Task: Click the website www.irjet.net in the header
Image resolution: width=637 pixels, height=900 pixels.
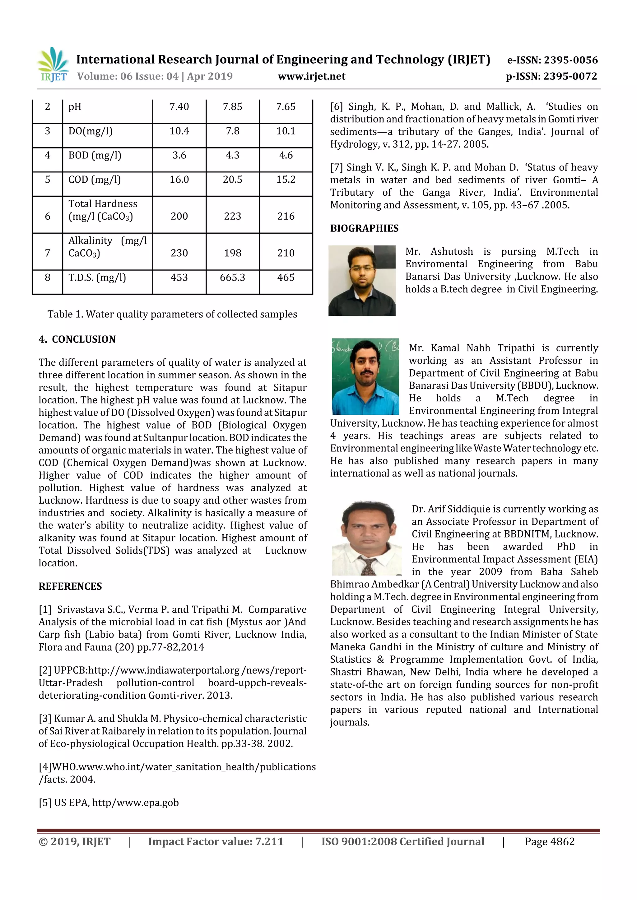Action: (x=312, y=76)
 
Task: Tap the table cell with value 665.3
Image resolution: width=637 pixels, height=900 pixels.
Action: (x=232, y=277)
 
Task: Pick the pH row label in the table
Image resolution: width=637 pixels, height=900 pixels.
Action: (x=75, y=107)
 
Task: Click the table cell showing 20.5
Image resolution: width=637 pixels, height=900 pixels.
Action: (x=232, y=180)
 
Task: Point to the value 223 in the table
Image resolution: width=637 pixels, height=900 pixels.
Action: (x=232, y=216)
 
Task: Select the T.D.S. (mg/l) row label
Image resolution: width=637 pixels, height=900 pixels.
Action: (x=97, y=277)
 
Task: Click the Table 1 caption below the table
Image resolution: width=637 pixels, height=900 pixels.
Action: (x=172, y=314)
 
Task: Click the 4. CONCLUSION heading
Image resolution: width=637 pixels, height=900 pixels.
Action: (x=77, y=340)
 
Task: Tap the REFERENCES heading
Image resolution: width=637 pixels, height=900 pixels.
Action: (x=70, y=587)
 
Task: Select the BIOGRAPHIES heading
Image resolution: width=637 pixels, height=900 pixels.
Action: (x=364, y=229)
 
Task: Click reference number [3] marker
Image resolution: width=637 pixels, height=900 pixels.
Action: (x=45, y=719)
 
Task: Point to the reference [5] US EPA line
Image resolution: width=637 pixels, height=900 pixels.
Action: (x=109, y=802)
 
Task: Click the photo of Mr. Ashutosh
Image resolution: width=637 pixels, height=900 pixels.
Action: (x=362, y=281)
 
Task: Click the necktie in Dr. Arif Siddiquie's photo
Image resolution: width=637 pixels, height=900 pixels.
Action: (x=369, y=566)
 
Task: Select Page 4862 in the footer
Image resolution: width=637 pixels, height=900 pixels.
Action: (x=550, y=842)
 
